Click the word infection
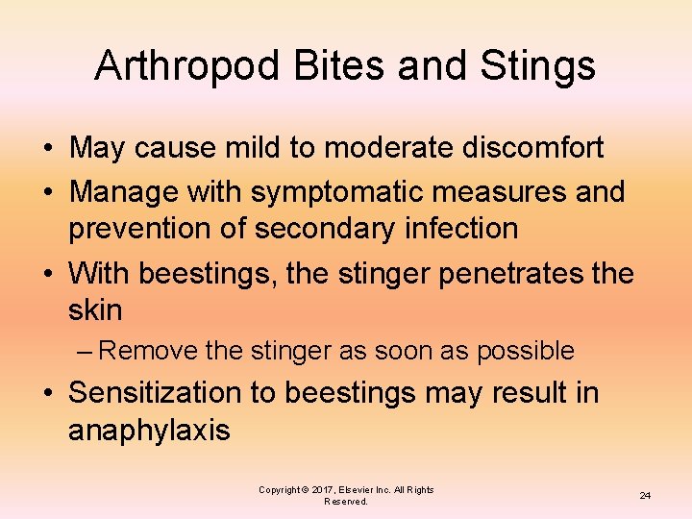point(463,229)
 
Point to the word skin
point(95,310)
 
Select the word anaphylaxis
point(149,430)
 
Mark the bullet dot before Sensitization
point(46,393)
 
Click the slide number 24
point(645,495)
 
